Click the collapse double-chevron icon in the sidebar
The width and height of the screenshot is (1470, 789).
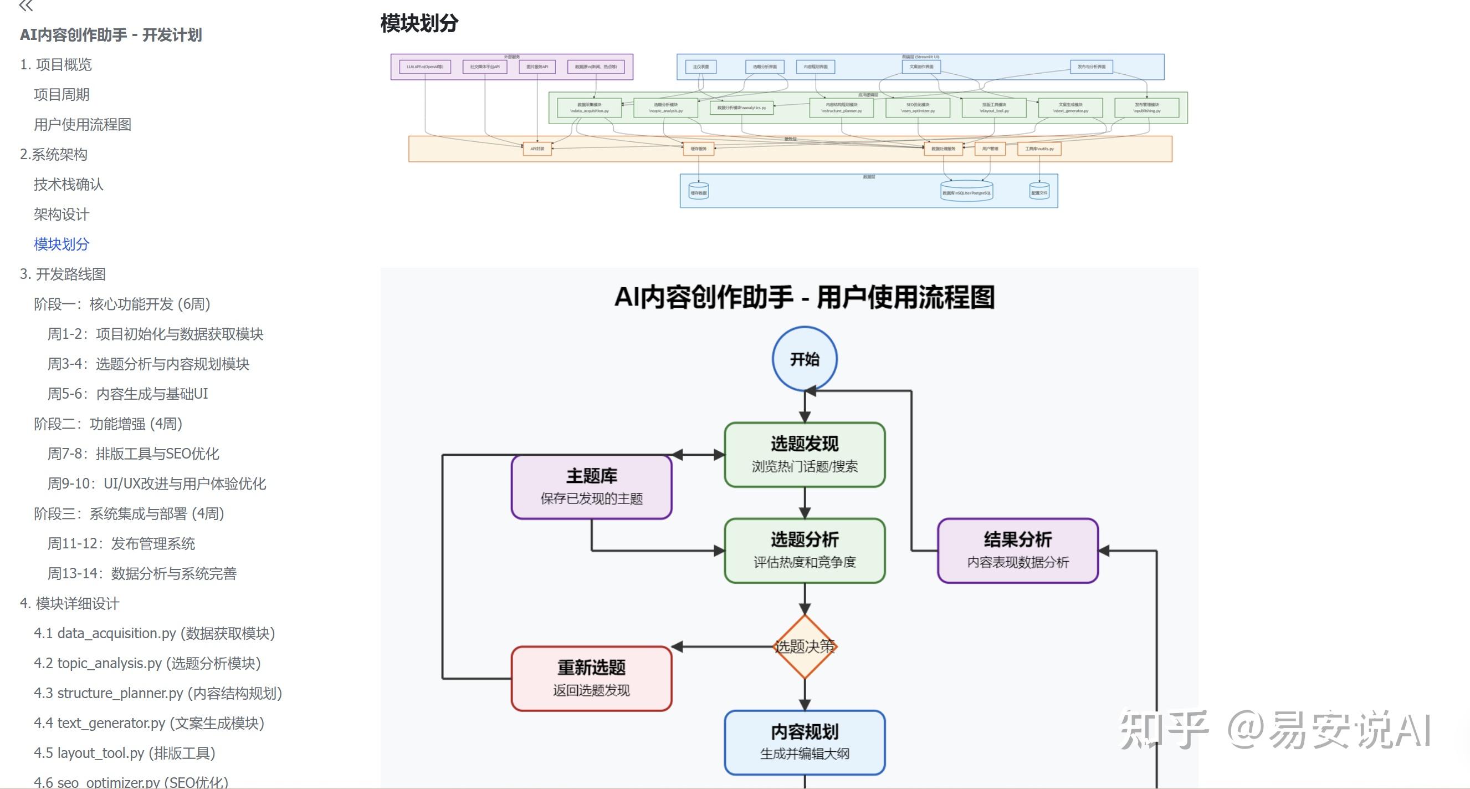[25, 6]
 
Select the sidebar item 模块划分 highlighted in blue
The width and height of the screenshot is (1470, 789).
[61, 245]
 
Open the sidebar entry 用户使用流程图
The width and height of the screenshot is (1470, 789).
[82, 124]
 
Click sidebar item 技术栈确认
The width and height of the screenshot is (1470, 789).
[68, 185]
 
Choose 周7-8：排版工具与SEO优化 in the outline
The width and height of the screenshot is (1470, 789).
[133, 454]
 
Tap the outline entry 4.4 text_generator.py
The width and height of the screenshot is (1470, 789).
[148, 724]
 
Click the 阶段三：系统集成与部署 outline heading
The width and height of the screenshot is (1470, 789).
[129, 514]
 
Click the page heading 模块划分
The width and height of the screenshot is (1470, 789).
[419, 23]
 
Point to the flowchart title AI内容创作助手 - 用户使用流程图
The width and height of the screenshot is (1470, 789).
[804, 297]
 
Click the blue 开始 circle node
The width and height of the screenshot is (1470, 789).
[804, 359]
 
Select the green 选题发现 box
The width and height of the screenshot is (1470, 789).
[804, 455]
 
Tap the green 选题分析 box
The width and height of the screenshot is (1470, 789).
[804, 551]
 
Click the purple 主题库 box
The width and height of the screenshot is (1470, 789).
[591, 486]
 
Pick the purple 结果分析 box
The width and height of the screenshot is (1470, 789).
[1017, 551]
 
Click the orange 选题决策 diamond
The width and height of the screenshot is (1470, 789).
[804, 647]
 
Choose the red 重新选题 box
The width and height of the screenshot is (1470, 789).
[591, 678]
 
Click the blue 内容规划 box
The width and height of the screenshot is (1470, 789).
[804, 742]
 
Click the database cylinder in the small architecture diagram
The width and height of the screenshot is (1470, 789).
[966, 191]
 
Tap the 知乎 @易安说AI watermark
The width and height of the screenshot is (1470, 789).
[1276, 730]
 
